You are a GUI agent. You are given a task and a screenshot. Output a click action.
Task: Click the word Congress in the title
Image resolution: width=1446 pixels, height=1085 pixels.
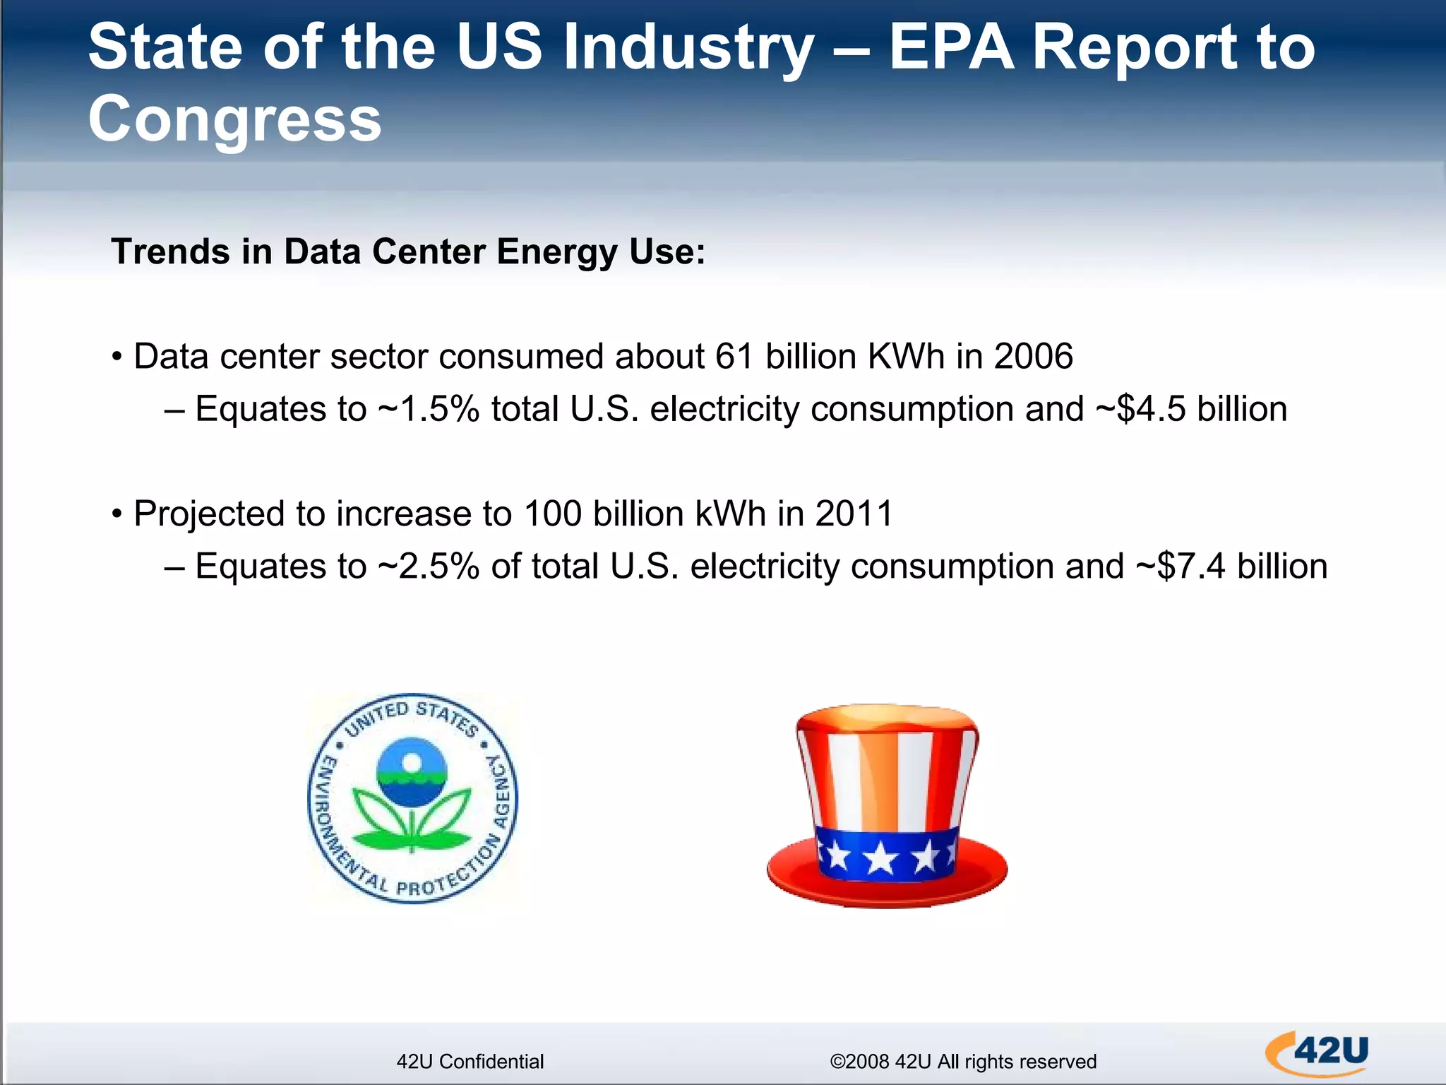(x=234, y=119)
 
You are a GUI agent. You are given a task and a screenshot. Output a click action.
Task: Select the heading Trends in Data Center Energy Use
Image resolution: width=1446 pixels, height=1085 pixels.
(x=408, y=251)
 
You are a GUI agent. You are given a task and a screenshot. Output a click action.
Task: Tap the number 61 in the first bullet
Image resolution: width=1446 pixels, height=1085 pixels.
(x=734, y=356)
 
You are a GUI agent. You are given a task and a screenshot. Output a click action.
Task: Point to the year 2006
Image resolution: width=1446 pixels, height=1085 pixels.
(x=1033, y=356)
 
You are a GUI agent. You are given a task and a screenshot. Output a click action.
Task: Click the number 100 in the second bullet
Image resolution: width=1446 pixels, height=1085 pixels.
(x=553, y=514)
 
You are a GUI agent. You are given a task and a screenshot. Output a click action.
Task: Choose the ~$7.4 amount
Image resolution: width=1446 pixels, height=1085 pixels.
(x=1181, y=567)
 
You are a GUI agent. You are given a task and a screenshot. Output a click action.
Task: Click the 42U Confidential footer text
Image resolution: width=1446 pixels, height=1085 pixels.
(x=470, y=1061)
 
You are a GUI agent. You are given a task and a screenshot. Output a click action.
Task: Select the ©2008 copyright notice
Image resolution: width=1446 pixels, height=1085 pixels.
(x=962, y=1061)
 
